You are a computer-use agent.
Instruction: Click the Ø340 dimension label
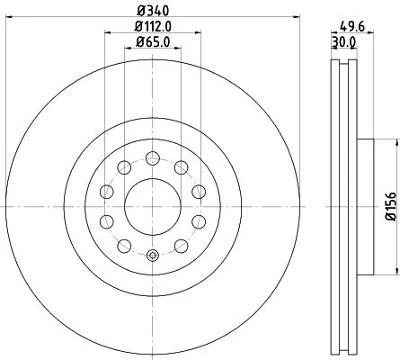tap(152, 10)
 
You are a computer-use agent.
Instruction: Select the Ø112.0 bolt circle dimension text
tap(153, 26)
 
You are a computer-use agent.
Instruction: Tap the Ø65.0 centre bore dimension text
tap(153, 41)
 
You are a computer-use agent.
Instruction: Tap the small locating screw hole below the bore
tap(152, 256)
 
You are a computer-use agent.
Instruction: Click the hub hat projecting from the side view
tap(363, 207)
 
